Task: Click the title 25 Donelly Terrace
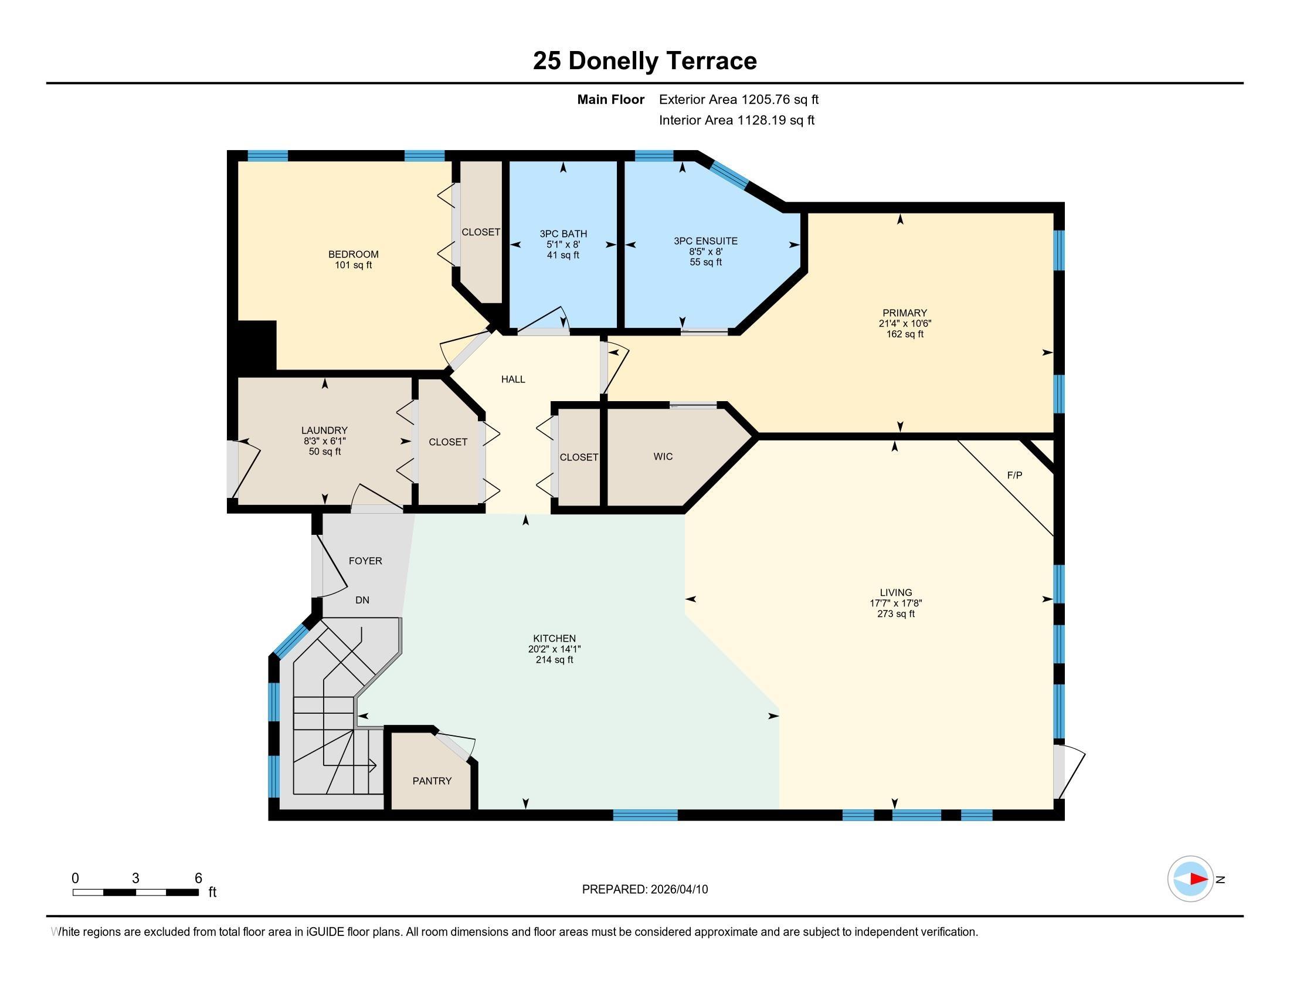tap(644, 61)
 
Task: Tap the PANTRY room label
tap(432, 781)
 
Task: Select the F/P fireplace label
tap(1014, 475)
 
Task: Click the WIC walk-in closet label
tap(663, 456)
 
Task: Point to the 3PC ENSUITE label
tap(705, 241)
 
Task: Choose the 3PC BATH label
tap(563, 234)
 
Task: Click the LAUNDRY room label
tap(324, 430)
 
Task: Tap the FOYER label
tap(365, 561)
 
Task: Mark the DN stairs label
tap(362, 600)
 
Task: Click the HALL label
tap(513, 379)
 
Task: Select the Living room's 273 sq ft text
tap(895, 613)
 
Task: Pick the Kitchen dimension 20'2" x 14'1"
tap(554, 649)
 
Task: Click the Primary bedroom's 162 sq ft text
tap(904, 334)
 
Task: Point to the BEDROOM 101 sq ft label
tap(353, 260)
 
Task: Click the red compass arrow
tap(1199, 879)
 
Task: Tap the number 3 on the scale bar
tap(136, 879)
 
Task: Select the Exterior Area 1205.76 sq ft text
tap(739, 100)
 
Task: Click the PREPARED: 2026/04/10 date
tap(645, 890)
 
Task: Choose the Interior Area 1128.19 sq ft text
tap(736, 120)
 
